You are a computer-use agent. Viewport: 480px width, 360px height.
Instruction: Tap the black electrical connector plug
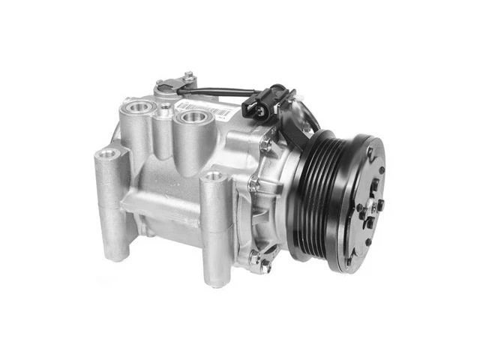click(256, 107)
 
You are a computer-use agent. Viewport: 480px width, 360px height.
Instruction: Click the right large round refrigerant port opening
click(192, 116)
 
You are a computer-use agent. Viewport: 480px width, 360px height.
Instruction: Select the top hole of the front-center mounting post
click(214, 177)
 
